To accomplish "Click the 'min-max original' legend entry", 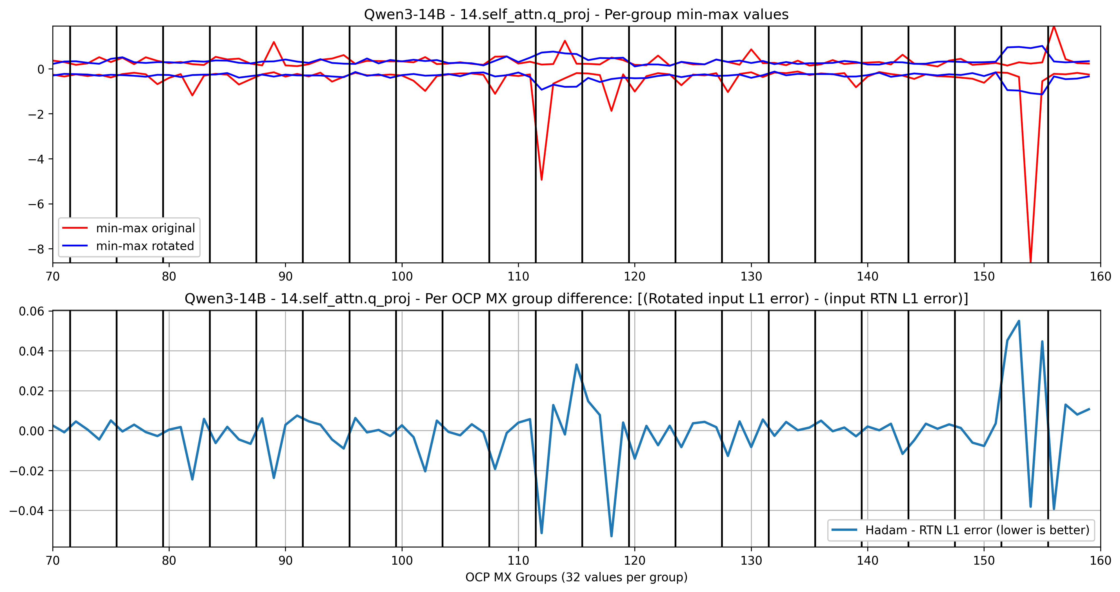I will (x=145, y=228).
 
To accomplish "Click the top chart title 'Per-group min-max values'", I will (x=576, y=14).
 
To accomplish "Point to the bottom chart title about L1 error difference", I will (x=576, y=299).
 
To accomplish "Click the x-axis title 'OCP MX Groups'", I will (x=576, y=577).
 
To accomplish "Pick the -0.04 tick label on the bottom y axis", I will (x=27, y=511).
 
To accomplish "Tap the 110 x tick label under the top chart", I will (x=518, y=277).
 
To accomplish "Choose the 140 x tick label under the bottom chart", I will (x=867, y=561).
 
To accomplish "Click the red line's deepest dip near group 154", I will (x=1030, y=261).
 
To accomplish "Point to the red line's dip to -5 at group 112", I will (x=541, y=179).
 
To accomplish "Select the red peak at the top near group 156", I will (x=1054, y=27).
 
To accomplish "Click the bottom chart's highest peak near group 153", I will (x=1019, y=321).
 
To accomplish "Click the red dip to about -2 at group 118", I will (x=611, y=111).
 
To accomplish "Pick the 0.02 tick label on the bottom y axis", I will (x=31, y=391).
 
